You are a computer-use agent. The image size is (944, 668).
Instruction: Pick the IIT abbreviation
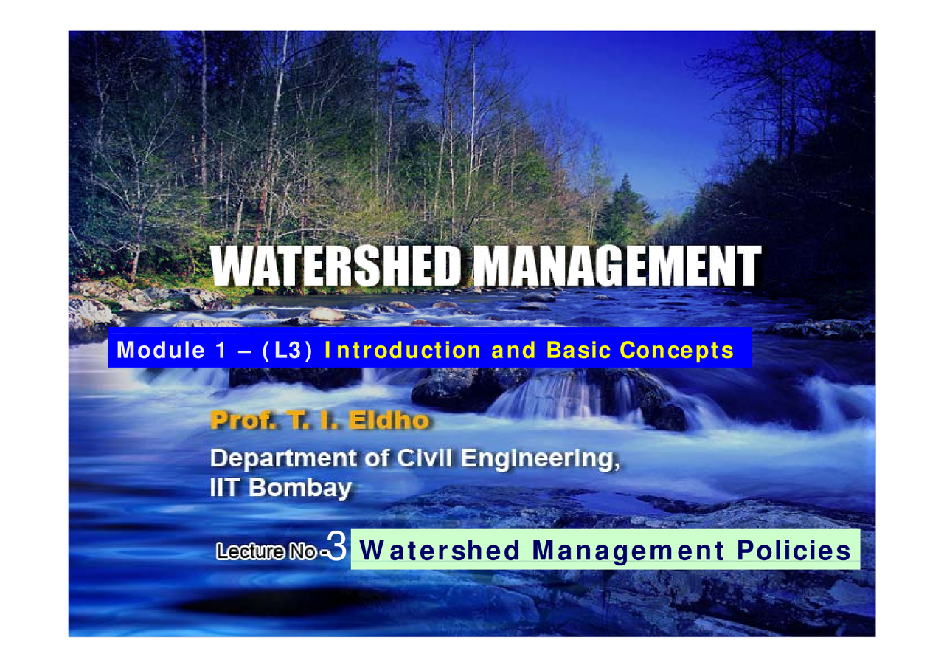tap(223, 489)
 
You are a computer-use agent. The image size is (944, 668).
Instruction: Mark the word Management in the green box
tap(628, 551)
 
